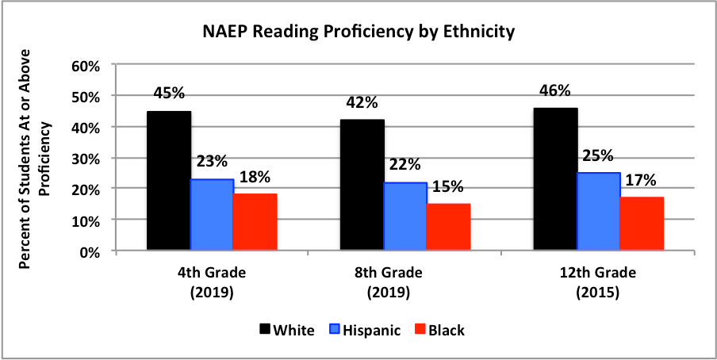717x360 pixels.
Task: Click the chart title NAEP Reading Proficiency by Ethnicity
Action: coord(358,33)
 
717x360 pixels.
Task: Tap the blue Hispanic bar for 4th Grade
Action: coord(212,215)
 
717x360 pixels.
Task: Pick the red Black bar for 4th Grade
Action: coord(255,222)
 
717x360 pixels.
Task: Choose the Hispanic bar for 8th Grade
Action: coord(405,216)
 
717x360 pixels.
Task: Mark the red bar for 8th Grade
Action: coord(448,227)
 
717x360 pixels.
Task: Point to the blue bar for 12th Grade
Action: coord(598,212)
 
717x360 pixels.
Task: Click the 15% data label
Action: coord(447,188)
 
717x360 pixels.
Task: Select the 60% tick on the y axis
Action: coord(85,66)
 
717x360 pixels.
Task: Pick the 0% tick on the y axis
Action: coord(89,251)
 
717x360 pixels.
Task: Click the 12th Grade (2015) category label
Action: coord(598,281)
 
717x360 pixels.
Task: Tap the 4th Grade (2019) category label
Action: coord(212,281)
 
